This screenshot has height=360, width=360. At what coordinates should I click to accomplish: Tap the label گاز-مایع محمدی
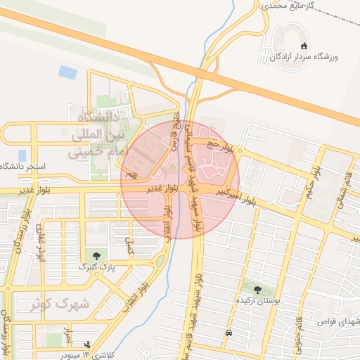(297, 5)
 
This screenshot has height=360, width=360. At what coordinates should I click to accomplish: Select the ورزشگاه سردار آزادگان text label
(307, 55)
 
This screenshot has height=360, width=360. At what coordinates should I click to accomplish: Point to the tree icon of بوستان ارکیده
(257, 289)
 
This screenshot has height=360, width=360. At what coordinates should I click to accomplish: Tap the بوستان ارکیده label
(262, 300)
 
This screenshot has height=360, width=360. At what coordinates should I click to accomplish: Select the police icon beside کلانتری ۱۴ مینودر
(86, 345)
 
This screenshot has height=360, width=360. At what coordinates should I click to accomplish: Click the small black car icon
(229, 333)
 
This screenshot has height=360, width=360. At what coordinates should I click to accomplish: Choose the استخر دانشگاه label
(22, 167)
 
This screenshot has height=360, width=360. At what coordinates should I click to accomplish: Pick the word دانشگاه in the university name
(96, 116)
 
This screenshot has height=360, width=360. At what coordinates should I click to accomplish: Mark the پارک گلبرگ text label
(96, 267)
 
